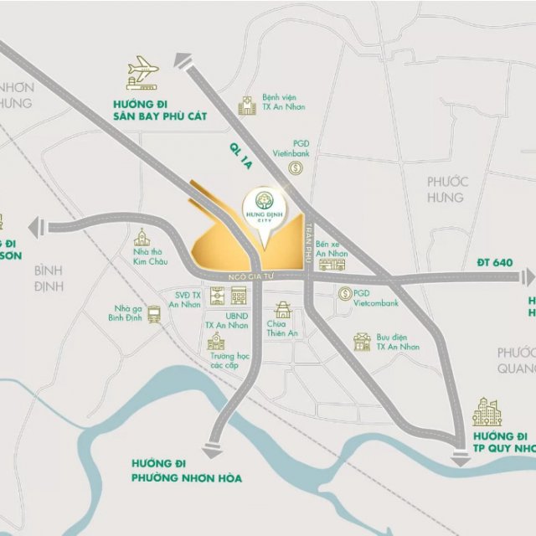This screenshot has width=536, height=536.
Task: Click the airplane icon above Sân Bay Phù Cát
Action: (x=142, y=75)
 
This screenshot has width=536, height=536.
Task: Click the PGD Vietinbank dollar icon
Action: (x=295, y=168)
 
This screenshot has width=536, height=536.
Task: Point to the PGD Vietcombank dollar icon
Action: (x=343, y=294)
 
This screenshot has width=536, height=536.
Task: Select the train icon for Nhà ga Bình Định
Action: (x=154, y=314)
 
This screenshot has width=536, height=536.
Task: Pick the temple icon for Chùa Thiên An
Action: (x=282, y=310)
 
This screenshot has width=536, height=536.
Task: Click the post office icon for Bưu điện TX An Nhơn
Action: (x=362, y=341)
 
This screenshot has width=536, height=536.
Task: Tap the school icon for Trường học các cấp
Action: (x=216, y=342)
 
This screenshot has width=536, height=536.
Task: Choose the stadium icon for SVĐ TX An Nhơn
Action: (x=217, y=296)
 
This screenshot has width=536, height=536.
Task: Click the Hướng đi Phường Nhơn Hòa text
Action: (x=187, y=471)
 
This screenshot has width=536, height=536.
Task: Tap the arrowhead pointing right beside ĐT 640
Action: (x=527, y=276)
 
